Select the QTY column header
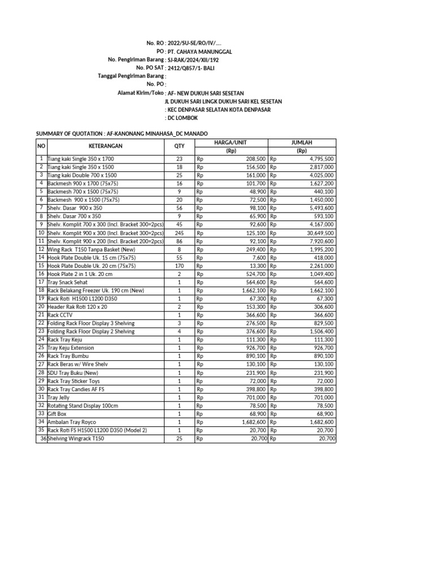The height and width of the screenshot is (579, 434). point(179,146)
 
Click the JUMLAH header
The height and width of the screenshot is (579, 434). point(302,142)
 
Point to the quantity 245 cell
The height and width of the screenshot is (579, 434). point(179,232)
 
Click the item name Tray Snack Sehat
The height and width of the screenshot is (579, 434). point(67,282)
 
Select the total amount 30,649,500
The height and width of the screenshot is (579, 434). point(317,232)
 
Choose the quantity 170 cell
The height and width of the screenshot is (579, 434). point(179,266)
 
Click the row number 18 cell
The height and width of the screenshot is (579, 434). point(41,290)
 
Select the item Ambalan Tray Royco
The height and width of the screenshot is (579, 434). point(71,422)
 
